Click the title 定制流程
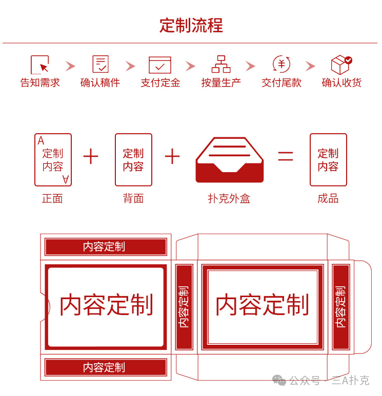click(191, 26)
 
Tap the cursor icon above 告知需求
click(39, 65)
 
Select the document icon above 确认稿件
click(100, 64)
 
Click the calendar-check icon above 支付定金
click(160, 65)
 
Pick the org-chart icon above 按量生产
click(221, 64)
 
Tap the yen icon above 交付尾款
click(282, 64)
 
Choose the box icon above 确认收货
click(341, 65)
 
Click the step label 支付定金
click(160, 83)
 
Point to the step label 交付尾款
click(282, 83)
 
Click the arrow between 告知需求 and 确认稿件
click(70, 66)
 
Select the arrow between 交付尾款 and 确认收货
click(310, 66)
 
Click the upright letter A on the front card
click(41, 141)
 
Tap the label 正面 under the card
click(52, 198)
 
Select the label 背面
click(133, 198)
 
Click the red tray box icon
click(230, 160)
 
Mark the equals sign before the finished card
click(286, 156)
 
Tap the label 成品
click(328, 198)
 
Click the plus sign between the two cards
click(91, 156)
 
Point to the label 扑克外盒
click(229, 198)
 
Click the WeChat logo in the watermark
click(279, 380)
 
